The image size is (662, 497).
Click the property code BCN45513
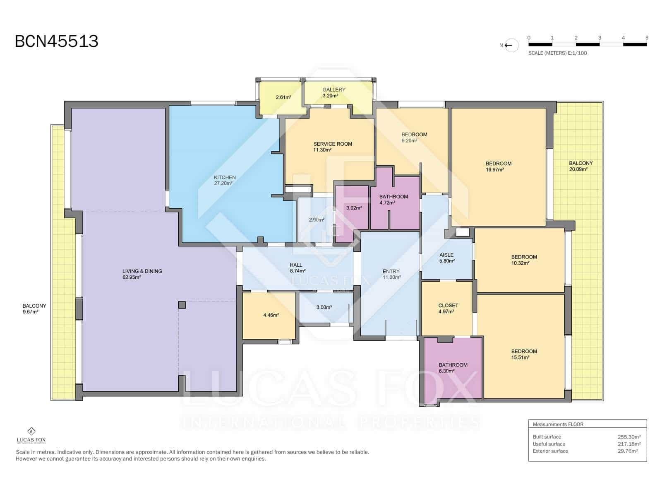pos(56,41)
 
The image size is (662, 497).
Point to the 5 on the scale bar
pos(647,38)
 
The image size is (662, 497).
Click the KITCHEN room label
pos(225,177)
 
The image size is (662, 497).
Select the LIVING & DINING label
pos(142,271)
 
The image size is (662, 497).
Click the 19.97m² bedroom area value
pos(494,169)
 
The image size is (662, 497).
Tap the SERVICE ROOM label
pos(333,144)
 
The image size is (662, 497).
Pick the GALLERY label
pos(334,89)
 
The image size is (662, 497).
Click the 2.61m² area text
pos(283,97)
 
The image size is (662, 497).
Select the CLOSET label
pos(448,306)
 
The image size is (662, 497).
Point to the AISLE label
pos(446,255)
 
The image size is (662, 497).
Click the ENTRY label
pos(391,272)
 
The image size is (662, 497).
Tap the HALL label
pos(296,265)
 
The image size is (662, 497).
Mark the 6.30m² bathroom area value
pos(447,371)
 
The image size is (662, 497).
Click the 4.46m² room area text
pos(271,315)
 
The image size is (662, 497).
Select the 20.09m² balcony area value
pos(578,169)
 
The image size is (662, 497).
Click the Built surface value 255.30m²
pos(629,437)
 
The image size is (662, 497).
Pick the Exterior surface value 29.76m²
pos(628,451)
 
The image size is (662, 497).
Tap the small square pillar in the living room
pos(182,305)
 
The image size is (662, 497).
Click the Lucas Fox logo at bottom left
pos(31,435)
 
